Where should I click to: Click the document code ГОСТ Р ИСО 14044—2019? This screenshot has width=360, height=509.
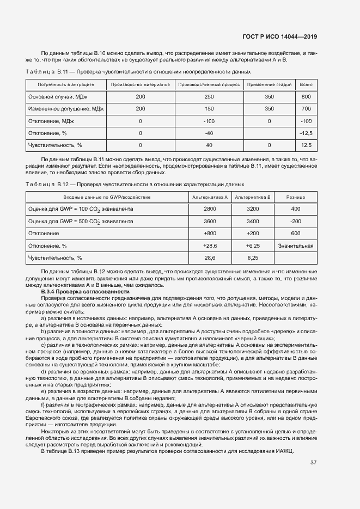pyautogui.click(x=279, y=36)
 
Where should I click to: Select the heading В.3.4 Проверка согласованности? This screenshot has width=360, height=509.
pyautogui.click(x=77, y=292)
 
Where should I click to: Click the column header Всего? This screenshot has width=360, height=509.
pyautogui.click(x=306, y=85)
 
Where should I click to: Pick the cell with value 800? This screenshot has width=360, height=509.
pyautogui.click(x=306, y=96)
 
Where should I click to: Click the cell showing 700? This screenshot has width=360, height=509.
pyautogui.click(x=306, y=109)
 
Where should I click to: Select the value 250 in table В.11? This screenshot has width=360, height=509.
pyautogui.click(x=209, y=96)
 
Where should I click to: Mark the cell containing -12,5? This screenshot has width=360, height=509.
pyautogui.click(x=306, y=133)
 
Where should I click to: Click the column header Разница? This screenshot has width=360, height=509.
pyautogui.click(x=296, y=197)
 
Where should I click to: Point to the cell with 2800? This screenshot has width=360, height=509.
pyautogui.click(x=210, y=209)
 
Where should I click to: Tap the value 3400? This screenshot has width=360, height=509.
pyautogui.click(x=252, y=222)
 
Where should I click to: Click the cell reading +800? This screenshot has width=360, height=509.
pyautogui.click(x=210, y=234)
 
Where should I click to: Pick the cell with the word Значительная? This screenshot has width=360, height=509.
pyautogui.click(x=296, y=246)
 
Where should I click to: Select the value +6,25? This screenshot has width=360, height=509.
pyautogui.click(x=252, y=246)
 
